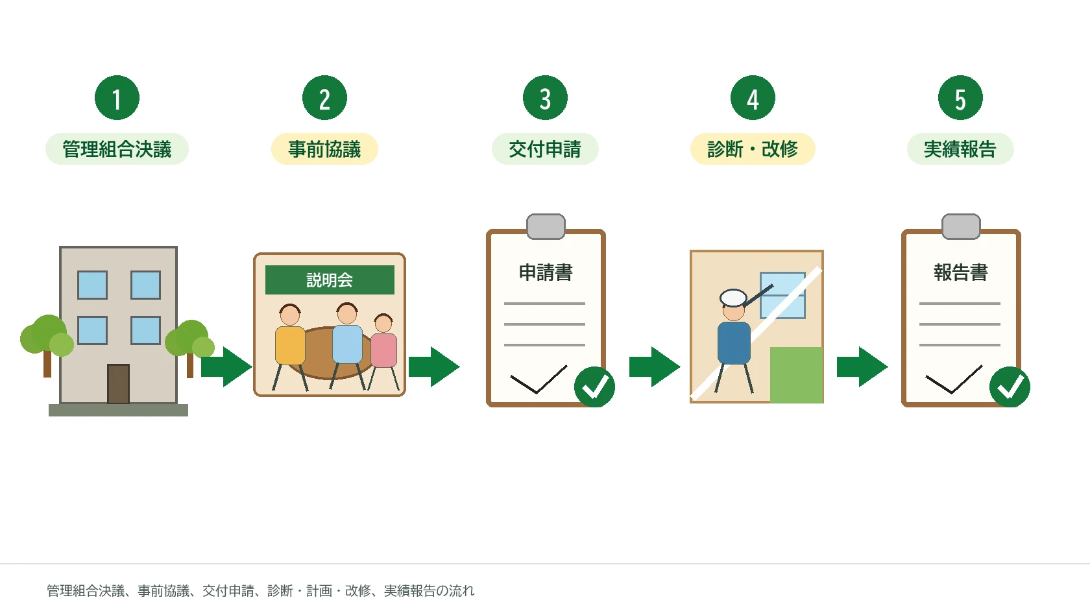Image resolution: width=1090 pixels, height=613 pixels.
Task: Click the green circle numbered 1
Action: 117,98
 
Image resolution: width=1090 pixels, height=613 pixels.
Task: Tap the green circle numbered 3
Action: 545,98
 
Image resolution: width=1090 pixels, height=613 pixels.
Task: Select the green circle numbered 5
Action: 960,98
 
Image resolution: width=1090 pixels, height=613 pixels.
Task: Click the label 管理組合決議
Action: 117,149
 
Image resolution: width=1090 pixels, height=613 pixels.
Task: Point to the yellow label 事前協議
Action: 324,149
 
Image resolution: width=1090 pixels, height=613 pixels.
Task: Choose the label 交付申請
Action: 545,149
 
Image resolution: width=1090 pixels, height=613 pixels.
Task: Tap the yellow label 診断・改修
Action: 753,149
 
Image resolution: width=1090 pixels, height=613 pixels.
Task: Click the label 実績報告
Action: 960,149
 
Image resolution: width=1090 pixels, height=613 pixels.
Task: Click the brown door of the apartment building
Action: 118,384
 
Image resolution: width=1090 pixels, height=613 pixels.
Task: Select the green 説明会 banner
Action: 330,280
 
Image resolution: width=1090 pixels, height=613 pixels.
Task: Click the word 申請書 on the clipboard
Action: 546,272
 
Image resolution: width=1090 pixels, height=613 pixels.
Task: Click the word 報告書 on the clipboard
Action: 960,272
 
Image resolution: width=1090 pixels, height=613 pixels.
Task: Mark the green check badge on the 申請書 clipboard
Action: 594,387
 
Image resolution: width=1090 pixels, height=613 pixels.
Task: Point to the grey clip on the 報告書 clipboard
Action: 961,227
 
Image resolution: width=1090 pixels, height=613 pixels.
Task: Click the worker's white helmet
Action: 733,298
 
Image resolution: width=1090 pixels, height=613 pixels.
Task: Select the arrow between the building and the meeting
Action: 226,367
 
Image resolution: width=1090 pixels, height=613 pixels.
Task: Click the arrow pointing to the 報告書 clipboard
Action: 862,367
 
